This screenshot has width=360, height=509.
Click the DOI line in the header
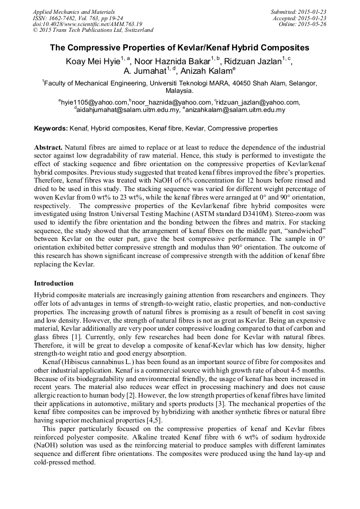pyautogui.click(x=88, y=24)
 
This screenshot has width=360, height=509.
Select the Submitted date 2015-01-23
pyautogui.click(x=298, y=12)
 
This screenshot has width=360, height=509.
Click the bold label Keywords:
pyautogui.click(x=51, y=128)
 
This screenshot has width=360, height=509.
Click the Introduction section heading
pyautogui.click(x=54, y=283)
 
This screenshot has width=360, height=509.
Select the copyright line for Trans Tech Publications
pyautogui.click(x=93, y=30)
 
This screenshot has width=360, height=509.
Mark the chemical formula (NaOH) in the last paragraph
pyautogui.click(x=49, y=447)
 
